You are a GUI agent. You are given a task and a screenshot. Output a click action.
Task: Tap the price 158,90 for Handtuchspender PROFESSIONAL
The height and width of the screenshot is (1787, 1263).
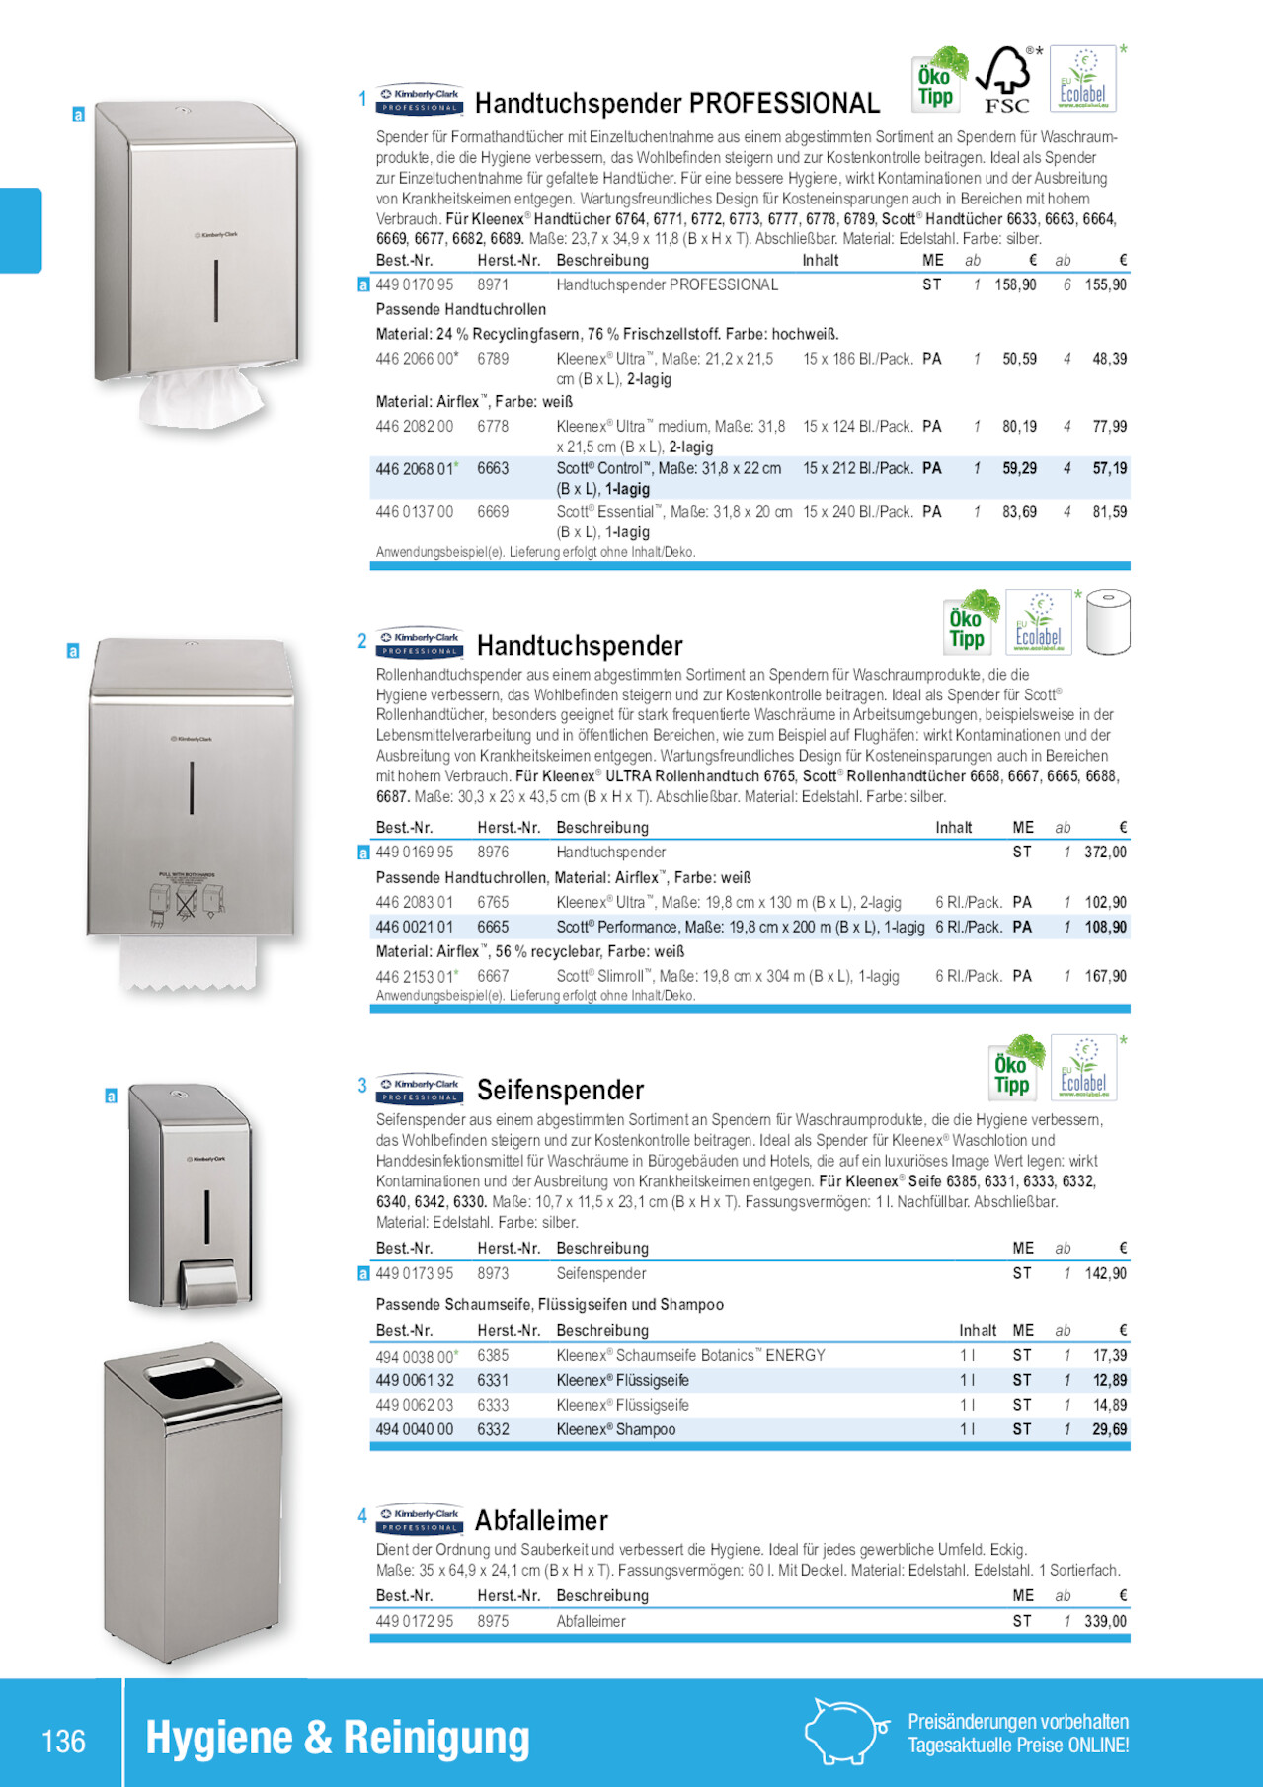[x=1015, y=285]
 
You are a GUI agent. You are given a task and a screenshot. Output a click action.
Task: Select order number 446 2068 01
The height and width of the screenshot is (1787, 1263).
[x=415, y=469]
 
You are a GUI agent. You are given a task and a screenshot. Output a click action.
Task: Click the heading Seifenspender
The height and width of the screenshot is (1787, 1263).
[x=560, y=1090]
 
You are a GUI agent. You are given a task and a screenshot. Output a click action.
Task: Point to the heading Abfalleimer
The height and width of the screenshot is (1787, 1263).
[x=541, y=1520]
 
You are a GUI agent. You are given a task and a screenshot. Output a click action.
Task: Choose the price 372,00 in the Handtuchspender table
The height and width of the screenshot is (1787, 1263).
[x=1105, y=853]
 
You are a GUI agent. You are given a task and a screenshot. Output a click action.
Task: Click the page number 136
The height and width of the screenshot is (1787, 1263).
[x=64, y=1741]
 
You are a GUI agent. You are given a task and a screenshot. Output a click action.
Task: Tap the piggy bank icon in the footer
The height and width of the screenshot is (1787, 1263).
[x=842, y=1731]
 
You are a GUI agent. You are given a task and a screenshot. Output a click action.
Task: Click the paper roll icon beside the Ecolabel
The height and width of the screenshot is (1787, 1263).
[x=1107, y=622]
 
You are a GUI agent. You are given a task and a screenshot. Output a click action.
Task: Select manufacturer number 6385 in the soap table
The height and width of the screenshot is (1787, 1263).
[x=493, y=1356]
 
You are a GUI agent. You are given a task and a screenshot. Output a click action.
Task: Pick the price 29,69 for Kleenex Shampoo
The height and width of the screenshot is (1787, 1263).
[x=1109, y=1429]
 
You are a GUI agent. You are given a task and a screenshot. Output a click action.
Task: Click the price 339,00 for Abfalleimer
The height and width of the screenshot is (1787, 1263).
[x=1105, y=1621]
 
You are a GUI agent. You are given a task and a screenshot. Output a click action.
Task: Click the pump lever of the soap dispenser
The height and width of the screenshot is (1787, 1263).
[x=208, y=1280]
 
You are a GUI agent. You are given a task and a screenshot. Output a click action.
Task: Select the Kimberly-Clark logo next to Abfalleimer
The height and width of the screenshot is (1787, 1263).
[x=420, y=1519]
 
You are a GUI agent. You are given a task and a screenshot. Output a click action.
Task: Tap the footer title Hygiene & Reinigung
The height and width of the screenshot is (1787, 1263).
[x=338, y=1739]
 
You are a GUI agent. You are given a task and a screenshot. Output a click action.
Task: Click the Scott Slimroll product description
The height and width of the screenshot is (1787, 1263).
[x=727, y=976]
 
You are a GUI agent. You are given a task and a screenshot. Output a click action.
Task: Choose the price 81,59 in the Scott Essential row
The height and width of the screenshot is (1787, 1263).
[x=1109, y=512]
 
